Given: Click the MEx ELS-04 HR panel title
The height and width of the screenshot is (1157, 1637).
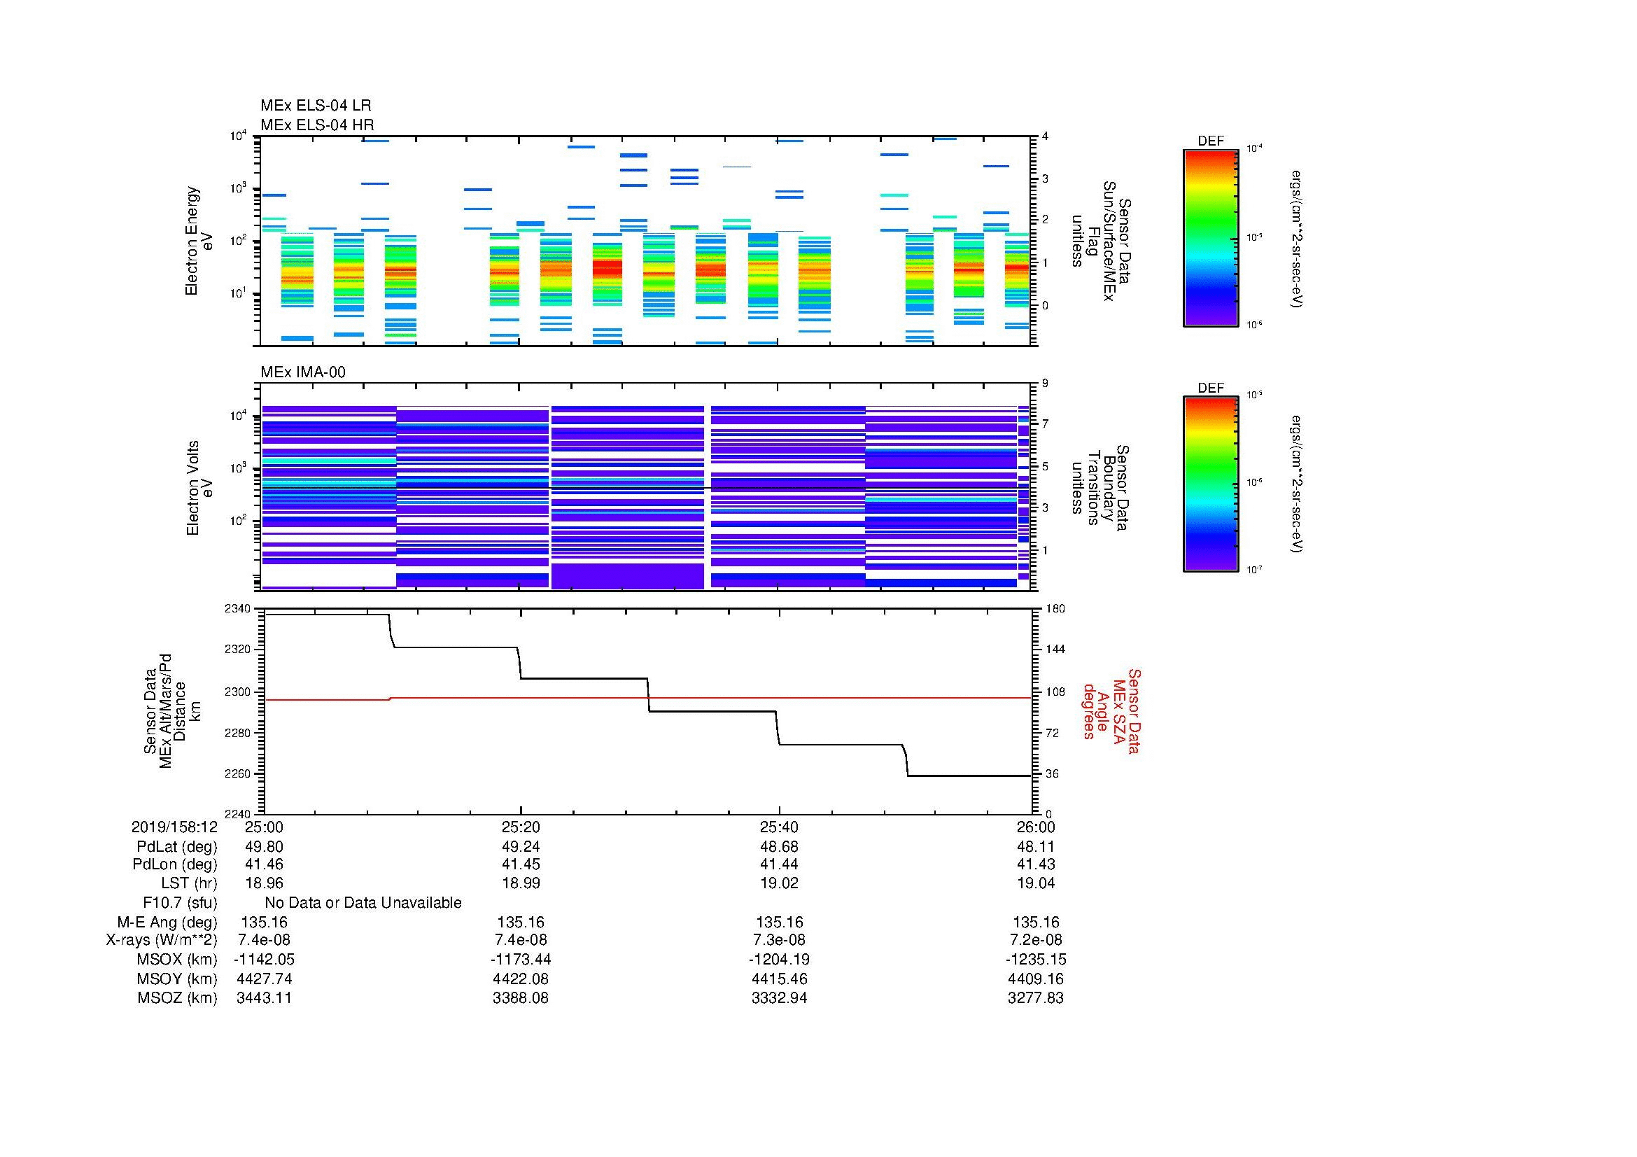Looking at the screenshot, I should tap(317, 125).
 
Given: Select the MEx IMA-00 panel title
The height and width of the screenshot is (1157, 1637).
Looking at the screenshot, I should tap(303, 372).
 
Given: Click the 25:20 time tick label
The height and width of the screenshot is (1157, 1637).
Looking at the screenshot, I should tap(521, 827).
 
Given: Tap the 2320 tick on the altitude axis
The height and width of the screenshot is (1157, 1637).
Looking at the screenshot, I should tap(237, 650).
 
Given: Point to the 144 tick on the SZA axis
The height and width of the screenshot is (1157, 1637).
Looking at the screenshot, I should tap(1055, 650).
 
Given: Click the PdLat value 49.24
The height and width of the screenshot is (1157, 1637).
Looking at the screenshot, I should tap(521, 846).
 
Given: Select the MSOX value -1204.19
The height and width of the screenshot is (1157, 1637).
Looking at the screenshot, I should tap(779, 960).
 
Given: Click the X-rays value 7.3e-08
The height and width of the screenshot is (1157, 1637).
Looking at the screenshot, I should tap(779, 940).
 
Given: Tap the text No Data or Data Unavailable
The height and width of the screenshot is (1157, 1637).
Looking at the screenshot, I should tap(363, 902).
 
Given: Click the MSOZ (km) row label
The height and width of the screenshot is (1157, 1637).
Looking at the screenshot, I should tap(177, 998).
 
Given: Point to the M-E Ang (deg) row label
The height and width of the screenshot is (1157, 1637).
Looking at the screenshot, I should tap(167, 922).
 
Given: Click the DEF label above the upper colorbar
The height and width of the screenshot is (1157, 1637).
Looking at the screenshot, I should tap(1210, 141).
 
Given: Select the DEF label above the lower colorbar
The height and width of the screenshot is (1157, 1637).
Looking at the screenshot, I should tap(1210, 388).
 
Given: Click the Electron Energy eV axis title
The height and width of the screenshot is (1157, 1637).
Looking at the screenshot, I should tap(199, 241).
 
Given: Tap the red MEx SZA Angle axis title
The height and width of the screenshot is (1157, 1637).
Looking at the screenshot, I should tap(1112, 710).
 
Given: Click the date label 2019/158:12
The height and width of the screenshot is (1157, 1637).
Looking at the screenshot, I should tap(174, 827).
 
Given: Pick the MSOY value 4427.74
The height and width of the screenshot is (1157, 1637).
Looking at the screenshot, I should tap(265, 979).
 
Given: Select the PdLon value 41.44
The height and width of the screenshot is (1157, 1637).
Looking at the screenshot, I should tap(779, 864).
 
